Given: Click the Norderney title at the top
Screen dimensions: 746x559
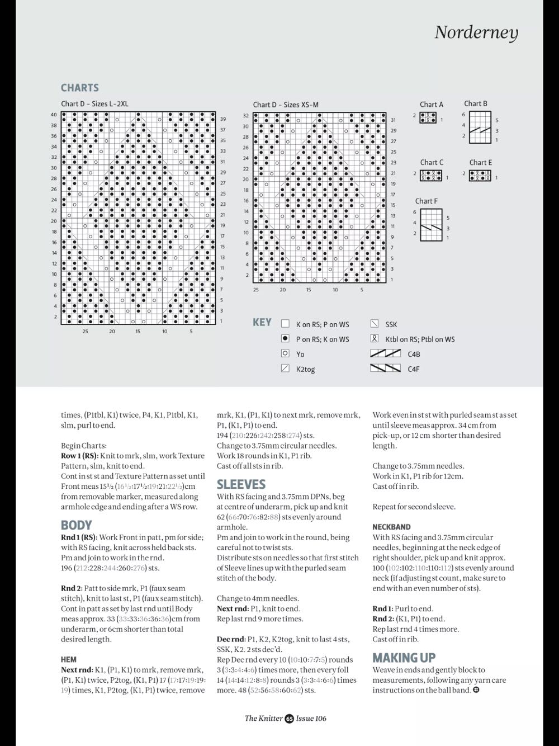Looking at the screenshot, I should pos(476,32).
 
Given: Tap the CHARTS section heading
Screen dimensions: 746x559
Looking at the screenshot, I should pos(80,88).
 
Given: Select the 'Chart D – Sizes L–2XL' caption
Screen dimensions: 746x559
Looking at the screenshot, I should pos(94,103).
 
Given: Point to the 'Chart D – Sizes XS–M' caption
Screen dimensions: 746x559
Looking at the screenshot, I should pos(286,105).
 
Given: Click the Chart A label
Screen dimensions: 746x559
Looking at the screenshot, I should pos(432,104).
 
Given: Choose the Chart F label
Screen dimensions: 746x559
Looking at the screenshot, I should pos(427,201).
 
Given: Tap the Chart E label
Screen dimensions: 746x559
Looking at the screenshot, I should pos(481,163).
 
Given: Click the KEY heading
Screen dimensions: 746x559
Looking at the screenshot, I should pos(262,322).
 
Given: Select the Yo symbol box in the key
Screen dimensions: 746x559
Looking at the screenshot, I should pos(285,354).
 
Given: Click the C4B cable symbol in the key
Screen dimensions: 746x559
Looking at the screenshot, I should pos(385,353).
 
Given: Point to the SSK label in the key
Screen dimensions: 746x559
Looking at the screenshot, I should pos(391,324).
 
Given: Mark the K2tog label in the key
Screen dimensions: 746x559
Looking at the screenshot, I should pos(305,369).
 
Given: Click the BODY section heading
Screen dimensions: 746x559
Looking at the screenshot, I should pos(76,525).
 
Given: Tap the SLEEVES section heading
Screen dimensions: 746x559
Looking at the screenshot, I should pos(241,484).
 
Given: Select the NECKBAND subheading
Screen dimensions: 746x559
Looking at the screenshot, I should pos(391,527).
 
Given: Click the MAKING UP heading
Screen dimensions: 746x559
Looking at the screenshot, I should pos(404,658).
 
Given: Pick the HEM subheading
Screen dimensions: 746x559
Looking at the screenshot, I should pos(69,659).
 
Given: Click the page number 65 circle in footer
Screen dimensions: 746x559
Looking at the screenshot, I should pos(289,719).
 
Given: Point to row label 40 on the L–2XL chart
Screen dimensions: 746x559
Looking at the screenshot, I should pos(54,115).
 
